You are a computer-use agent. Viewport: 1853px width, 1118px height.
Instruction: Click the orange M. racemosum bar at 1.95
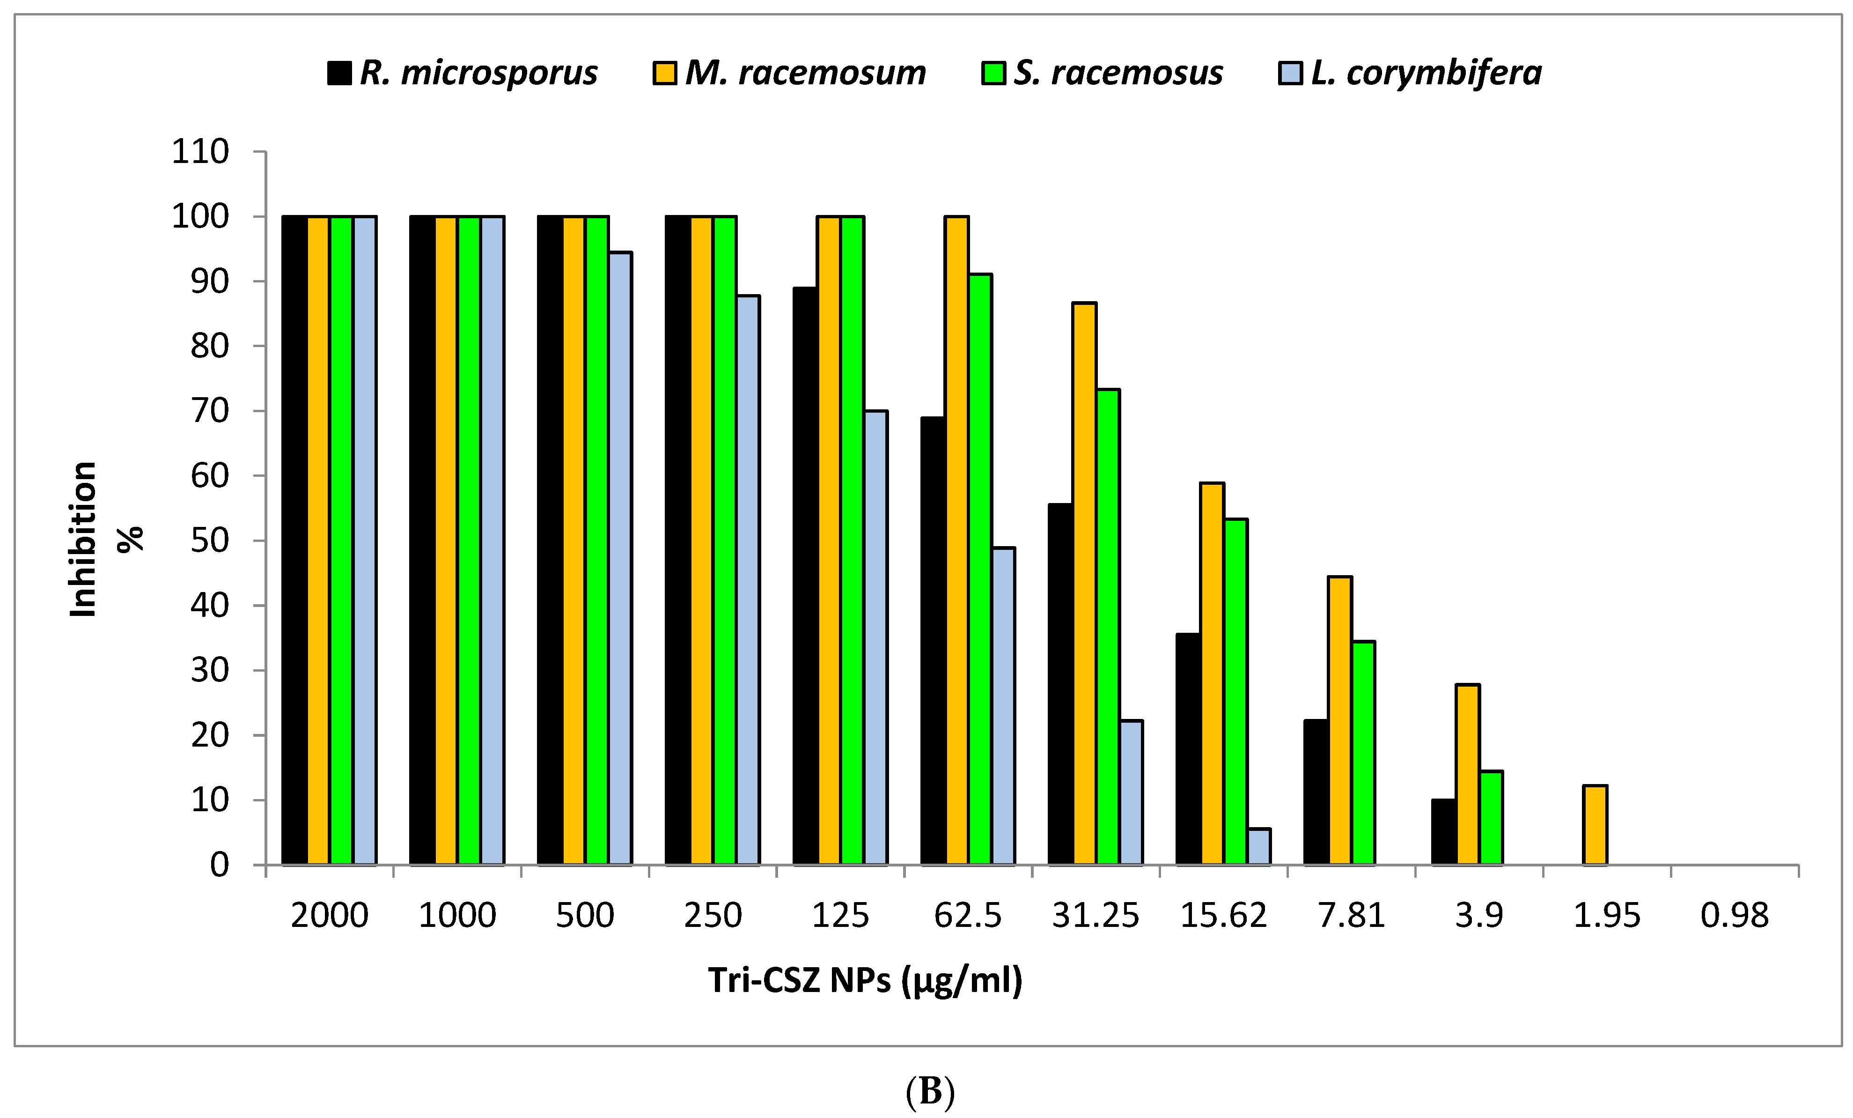(x=1595, y=825)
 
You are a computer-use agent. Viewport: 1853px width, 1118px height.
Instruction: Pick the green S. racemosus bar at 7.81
(x=1363, y=752)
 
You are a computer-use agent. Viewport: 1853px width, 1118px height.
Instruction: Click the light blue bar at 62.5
(x=1003, y=706)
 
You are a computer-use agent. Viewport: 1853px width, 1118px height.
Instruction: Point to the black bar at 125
(x=805, y=576)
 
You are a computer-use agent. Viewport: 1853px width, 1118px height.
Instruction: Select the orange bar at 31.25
(x=1084, y=583)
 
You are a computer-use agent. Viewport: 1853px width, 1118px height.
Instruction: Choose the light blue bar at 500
(x=620, y=558)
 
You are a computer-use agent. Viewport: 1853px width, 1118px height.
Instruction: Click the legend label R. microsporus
(x=478, y=73)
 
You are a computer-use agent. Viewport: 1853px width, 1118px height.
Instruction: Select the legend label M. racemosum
(x=805, y=73)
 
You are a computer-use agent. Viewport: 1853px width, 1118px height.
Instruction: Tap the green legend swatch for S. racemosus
(x=993, y=74)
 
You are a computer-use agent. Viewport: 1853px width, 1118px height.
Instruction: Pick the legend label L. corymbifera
(x=1426, y=73)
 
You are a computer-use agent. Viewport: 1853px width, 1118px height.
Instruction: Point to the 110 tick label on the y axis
(x=200, y=152)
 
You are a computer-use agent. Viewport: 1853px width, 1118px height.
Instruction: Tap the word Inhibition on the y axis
(x=83, y=540)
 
